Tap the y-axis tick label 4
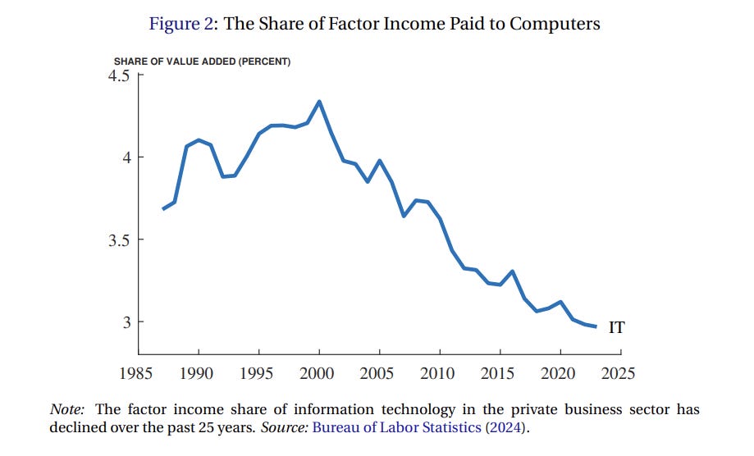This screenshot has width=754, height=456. tap(126, 157)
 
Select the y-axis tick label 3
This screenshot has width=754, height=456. tap(126, 322)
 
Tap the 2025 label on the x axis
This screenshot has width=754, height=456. tap(618, 373)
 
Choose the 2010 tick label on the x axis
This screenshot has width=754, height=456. tap(438, 373)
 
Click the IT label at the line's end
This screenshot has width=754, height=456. tap(616, 328)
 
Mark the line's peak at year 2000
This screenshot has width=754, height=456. tap(319, 102)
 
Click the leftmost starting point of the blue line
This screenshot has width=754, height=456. tap(163, 209)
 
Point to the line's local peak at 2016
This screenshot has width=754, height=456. tap(512, 271)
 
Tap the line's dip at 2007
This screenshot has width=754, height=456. tap(404, 216)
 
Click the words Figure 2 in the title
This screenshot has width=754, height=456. tap(181, 24)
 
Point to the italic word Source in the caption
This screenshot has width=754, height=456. tap(282, 426)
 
